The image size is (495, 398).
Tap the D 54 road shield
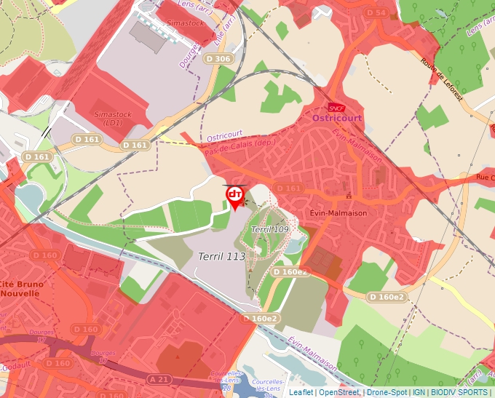pos(376,13)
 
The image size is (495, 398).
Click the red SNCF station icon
pos(336,107)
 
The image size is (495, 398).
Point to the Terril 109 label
pos(270,229)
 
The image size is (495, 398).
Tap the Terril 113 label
pos(222,256)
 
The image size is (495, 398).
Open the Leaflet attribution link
pos(301,392)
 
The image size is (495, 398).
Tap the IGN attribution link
pos(419,392)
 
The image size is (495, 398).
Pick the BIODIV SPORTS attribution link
pos(459,392)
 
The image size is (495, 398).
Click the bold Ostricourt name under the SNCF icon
pos(336,117)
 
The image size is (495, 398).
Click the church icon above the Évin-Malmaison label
pos(349,196)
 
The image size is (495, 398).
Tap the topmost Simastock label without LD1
pos(185,23)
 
